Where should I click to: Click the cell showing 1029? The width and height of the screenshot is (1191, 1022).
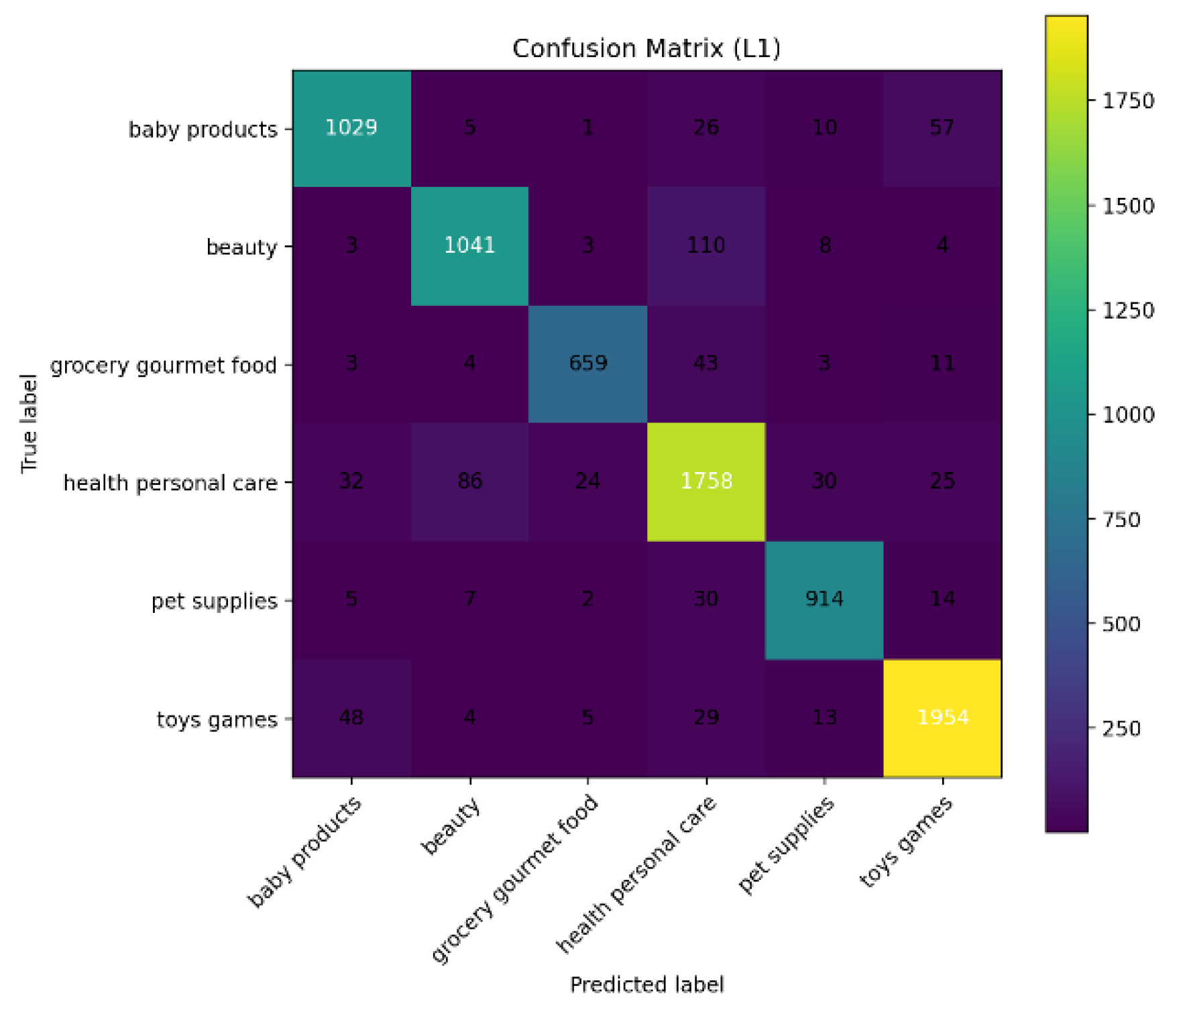click(x=351, y=128)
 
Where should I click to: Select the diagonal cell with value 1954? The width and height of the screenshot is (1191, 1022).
click(x=942, y=718)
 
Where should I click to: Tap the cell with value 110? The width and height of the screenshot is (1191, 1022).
click(x=705, y=245)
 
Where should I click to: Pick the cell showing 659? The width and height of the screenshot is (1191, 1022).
click(x=587, y=363)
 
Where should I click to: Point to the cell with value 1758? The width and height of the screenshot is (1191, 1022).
click(x=705, y=481)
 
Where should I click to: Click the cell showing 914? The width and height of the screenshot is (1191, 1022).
click(x=824, y=600)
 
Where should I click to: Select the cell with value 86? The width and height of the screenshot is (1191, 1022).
click(x=469, y=481)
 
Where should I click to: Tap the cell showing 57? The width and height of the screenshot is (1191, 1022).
click(x=942, y=128)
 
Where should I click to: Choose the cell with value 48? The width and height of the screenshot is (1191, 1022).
click(x=351, y=718)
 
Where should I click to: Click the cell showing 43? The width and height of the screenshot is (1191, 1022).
click(x=705, y=363)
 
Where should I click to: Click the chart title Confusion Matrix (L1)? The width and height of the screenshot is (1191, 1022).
click(x=646, y=48)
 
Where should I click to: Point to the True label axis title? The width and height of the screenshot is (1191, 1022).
click(x=28, y=424)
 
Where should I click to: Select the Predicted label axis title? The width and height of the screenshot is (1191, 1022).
click(x=646, y=984)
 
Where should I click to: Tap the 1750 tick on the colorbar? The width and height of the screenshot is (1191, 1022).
click(x=1128, y=101)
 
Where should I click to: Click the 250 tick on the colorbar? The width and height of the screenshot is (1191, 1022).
click(x=1121, y=729)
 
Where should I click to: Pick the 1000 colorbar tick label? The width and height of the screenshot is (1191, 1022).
click(x=1128, y=415)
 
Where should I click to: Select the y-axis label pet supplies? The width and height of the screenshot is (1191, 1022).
click(x=214, y=601)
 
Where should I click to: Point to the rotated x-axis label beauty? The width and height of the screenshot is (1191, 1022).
click(x=451, y=826)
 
